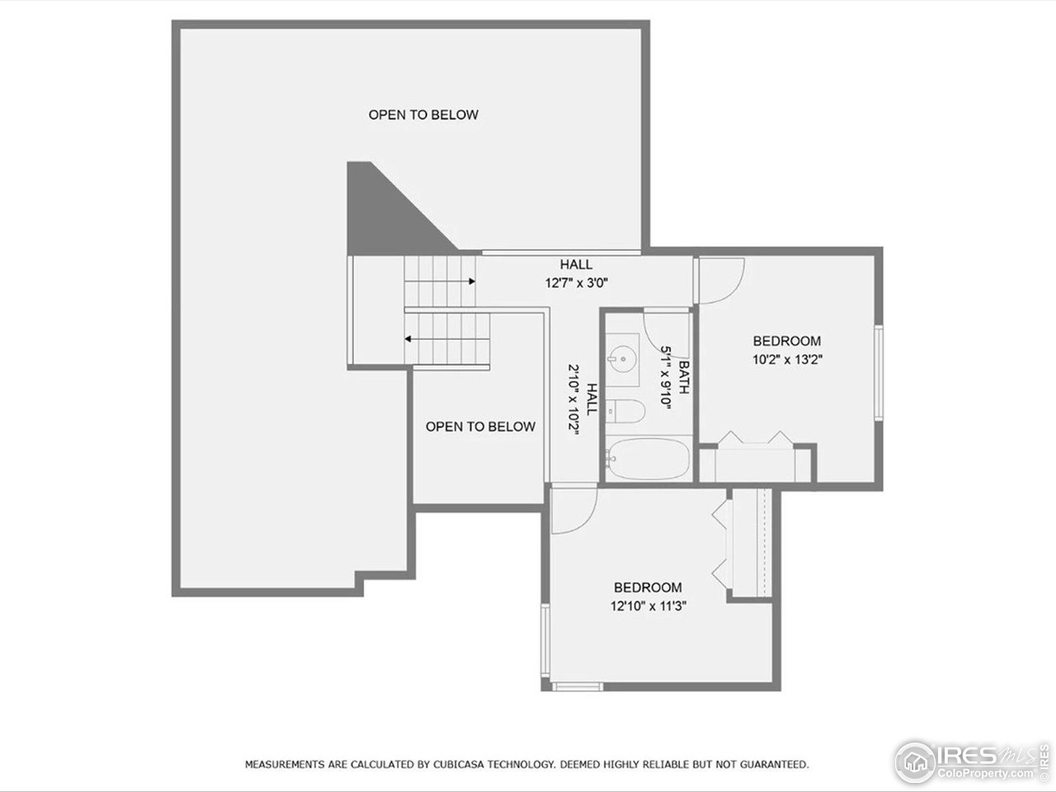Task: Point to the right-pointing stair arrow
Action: (471, 281)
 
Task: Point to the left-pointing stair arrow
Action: (408, 338)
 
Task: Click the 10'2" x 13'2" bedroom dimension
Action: (786, 359)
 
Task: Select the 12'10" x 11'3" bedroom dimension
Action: (648, 606)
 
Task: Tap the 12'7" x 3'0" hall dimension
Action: (576, 282)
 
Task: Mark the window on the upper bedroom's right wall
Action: (879, 374)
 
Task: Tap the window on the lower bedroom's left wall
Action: (544, 639)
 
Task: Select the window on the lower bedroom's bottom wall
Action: (577, 686)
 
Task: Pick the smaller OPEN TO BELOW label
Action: (480, 427)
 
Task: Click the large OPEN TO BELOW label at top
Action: (423, 115)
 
